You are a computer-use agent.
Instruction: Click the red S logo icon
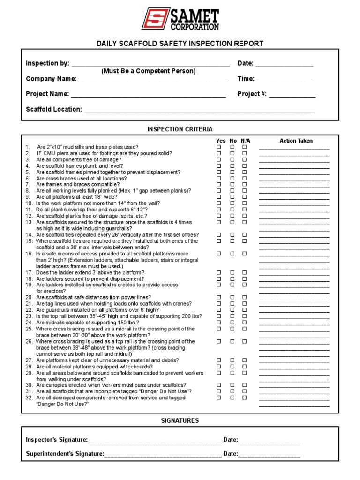tap(156, 18)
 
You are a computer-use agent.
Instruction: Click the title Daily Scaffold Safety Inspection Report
tap(180, 44)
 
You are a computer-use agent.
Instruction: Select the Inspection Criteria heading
tap(180, 129)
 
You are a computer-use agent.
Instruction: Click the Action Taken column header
tap(296, 141)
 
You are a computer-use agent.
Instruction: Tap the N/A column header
tap(246, 141)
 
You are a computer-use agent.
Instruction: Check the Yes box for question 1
tap(218, 147)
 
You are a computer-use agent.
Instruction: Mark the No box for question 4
tap(232, 166)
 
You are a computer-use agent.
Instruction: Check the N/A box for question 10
tap(244, 203)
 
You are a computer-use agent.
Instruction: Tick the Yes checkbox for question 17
tap(218, 272)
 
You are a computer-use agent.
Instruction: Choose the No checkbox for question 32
tap(232, 397)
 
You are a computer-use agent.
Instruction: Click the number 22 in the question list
tap(29, 310)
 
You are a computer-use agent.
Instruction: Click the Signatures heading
tap(180, 420)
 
